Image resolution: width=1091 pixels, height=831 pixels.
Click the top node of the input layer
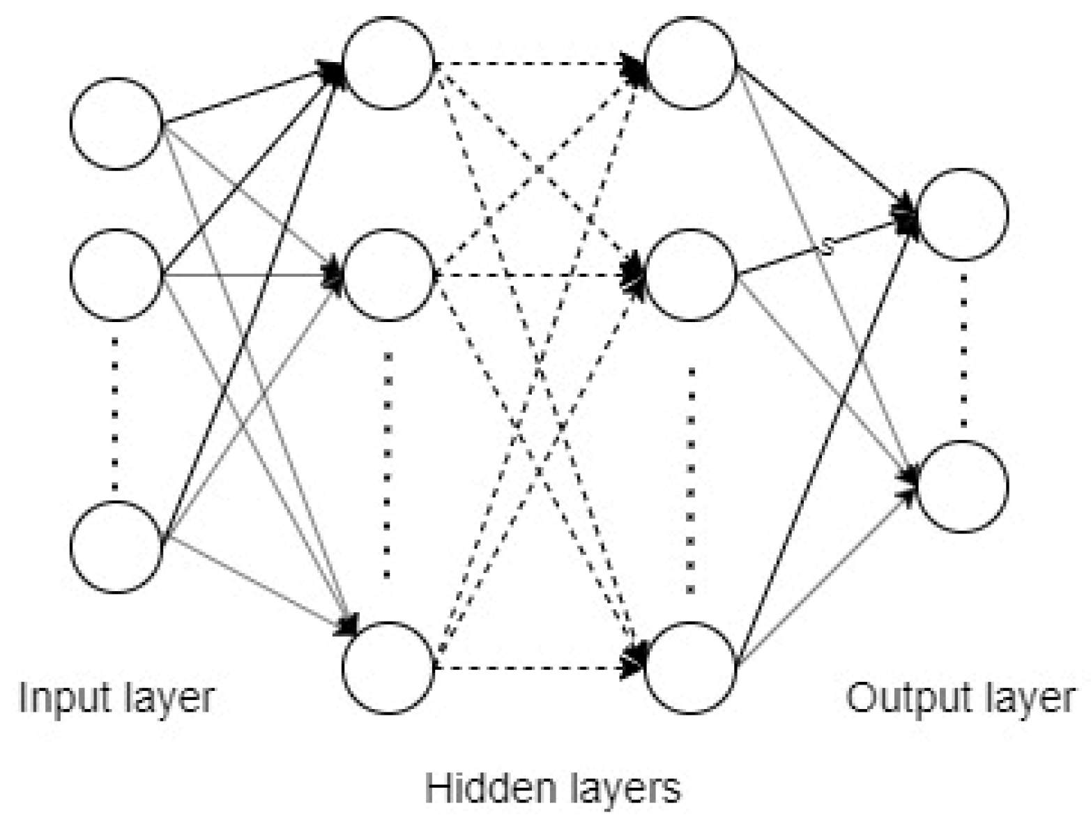116,123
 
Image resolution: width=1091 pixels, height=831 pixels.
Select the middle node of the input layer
116,275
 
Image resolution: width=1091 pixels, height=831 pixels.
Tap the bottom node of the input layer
116,547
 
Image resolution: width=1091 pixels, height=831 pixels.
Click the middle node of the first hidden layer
388,275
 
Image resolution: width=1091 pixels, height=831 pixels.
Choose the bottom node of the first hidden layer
388,667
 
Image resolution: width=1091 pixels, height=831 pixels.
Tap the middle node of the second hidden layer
691,275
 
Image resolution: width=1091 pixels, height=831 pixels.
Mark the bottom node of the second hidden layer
691,667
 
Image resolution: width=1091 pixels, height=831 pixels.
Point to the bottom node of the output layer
963,487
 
